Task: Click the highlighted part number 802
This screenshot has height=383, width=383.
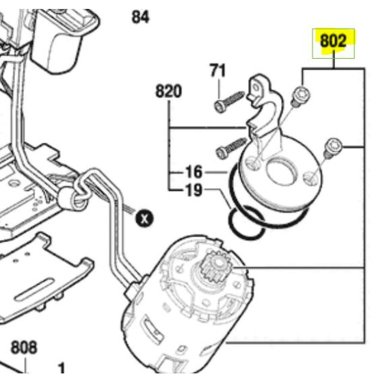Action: (333, 41)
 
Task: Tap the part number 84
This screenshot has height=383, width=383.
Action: (140, 17)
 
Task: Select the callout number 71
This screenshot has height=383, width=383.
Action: (217, 70)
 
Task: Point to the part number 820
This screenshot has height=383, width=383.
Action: (168, 91)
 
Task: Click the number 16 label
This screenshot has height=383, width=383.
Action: (194, 172)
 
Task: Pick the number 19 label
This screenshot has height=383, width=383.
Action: (194, 190)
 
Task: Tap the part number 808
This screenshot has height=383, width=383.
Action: (24, 347)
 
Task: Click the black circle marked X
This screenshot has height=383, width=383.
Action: (144, 218)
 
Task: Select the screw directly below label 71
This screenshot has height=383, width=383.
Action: (229, 102)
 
